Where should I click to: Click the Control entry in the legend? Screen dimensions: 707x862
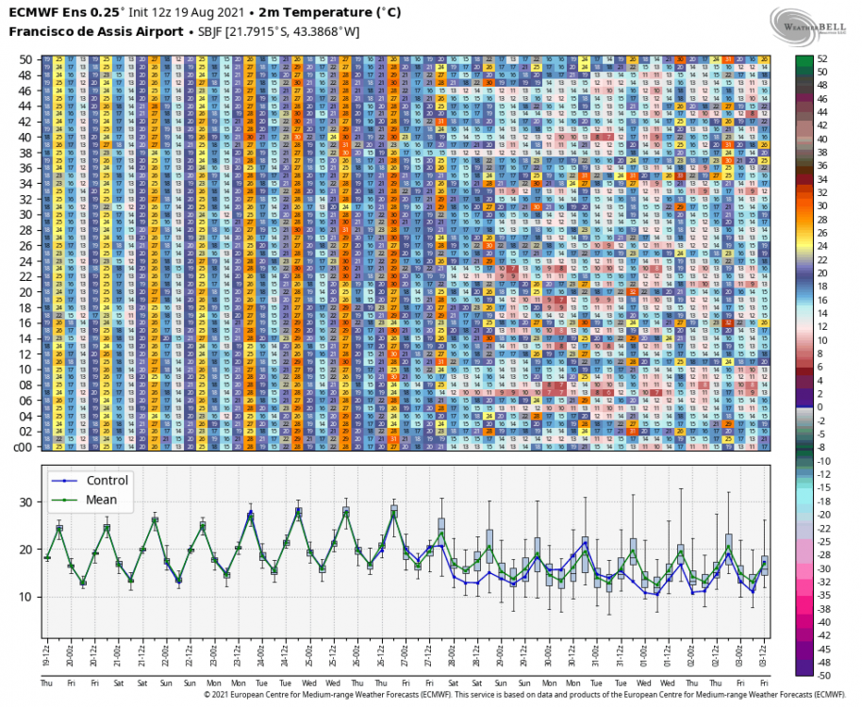click(x=106, y=480)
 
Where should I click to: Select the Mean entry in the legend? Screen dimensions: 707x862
click(x=100, y=500)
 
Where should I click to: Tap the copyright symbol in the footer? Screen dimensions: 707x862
click(x=207, y=695)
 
